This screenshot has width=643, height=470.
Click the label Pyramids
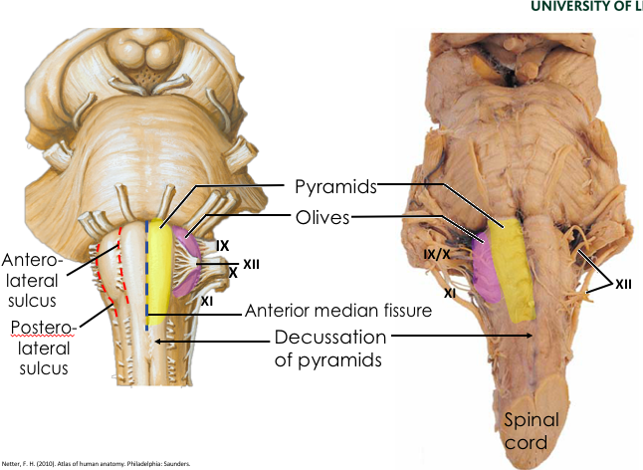coord(334,187)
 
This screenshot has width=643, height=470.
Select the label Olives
coord(321,218)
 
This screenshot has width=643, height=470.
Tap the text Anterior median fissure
coord(338,311)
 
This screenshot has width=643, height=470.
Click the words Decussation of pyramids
coord(327,349)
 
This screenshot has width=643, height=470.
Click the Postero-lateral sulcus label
coord(40,348)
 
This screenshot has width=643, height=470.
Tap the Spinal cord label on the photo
coord(531,430)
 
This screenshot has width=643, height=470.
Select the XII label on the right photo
coord(623,285)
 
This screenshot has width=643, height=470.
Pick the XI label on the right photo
coord(450,293)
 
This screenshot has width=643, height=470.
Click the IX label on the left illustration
coord(223,244)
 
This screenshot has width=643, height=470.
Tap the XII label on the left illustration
coord(251,264)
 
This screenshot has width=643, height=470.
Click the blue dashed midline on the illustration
coord(147,279)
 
